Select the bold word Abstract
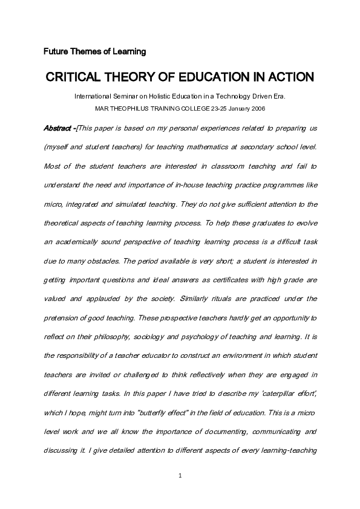[58, 129]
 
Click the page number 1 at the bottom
[180, 476]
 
